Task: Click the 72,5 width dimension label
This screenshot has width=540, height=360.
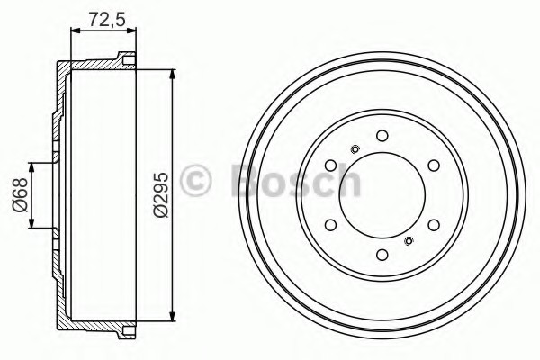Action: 107,19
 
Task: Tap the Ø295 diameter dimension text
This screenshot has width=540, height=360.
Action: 160,195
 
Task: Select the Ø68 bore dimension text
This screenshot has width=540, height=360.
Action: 20,195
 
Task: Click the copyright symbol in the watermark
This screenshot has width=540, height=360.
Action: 195,181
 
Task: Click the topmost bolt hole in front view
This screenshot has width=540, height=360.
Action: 382,136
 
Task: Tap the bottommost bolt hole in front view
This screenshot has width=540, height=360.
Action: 382,255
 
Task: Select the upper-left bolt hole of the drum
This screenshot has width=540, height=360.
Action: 331,166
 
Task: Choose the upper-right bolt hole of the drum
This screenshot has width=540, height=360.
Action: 434,166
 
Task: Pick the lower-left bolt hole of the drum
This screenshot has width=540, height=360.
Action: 331,225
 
